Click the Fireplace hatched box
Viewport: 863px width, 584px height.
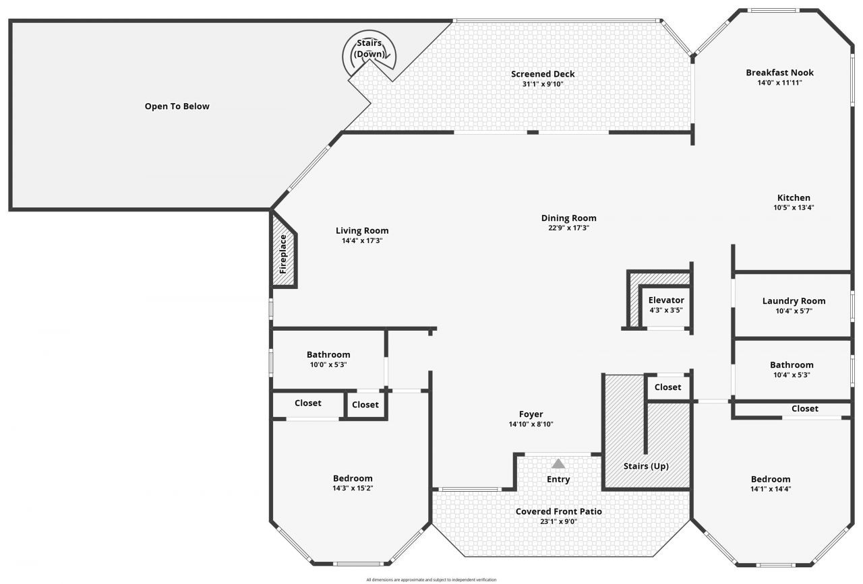pos(284,251)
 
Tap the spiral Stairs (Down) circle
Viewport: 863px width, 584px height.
pos(369,53)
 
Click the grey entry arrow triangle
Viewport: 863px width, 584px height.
pos(558,463)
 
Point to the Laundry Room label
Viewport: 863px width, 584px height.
pos(794,301)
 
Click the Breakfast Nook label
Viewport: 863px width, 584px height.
pos(779,73)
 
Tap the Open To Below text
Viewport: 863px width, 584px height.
pos(177,106)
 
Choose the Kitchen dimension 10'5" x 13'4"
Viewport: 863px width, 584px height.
pos(794,207)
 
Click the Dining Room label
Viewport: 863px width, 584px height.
pos(568,218)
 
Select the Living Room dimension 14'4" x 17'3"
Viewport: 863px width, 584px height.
pos(362,240)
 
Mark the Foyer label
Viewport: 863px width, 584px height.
pos(531,414)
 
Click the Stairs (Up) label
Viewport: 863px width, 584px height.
pos(645,466)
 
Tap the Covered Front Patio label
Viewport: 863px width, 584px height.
pos(558,512)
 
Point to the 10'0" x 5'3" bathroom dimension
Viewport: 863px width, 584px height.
pos(328,364)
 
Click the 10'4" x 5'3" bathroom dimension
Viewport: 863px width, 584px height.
pos(792,375)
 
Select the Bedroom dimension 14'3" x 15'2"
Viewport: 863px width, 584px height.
pos(352,488)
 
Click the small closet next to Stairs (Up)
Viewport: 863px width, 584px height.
pos(667,387)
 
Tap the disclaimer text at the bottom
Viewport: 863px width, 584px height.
pos(431,579)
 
